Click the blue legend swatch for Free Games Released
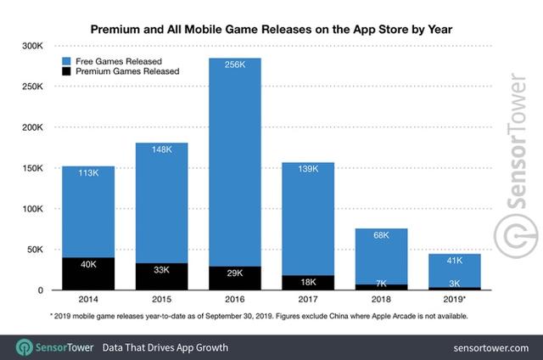click(x=67, y=61)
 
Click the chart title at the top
click(x=271, y=29)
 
